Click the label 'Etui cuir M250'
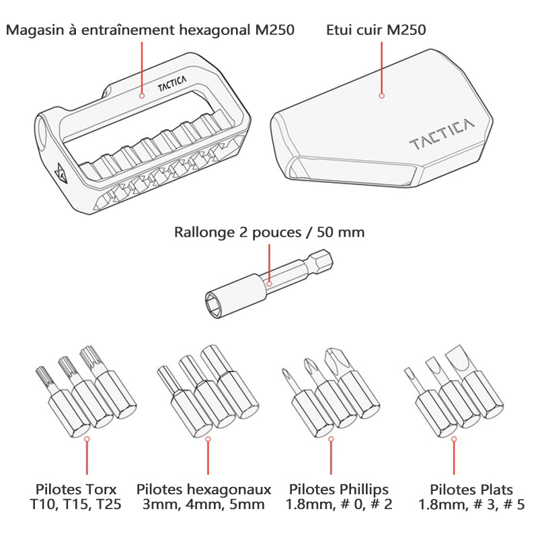click(x=376, y=30)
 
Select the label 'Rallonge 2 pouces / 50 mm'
click(x=269, y=233)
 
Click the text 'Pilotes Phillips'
click(x=339, y=490)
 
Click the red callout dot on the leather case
click(x=381, y=96)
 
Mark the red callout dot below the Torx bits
click(x=86, y=438)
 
